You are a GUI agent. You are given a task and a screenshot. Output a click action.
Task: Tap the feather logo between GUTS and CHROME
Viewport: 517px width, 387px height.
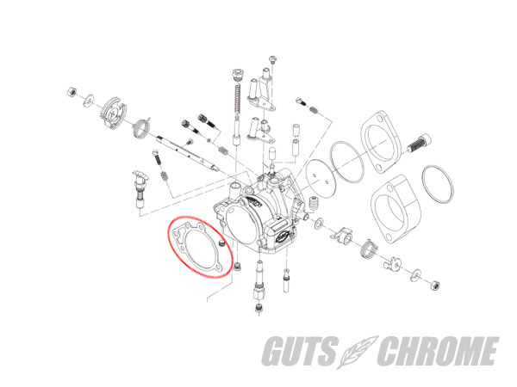[x=358, y=352]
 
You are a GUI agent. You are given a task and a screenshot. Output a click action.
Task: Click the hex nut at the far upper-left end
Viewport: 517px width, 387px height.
[x=72, y=92]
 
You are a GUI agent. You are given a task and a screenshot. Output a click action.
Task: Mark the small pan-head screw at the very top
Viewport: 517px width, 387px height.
[x=273, y=59]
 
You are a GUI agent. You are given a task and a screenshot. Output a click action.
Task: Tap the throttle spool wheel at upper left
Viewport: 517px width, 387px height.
[x=113, y=113]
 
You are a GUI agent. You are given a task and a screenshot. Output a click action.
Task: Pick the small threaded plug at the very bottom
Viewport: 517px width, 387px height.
[x=259, y=309]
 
